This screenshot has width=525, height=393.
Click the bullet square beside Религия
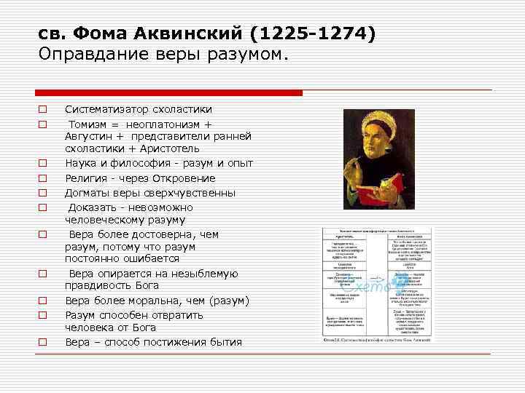coord(43,178)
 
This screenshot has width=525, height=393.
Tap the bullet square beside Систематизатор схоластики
coord(43,110)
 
